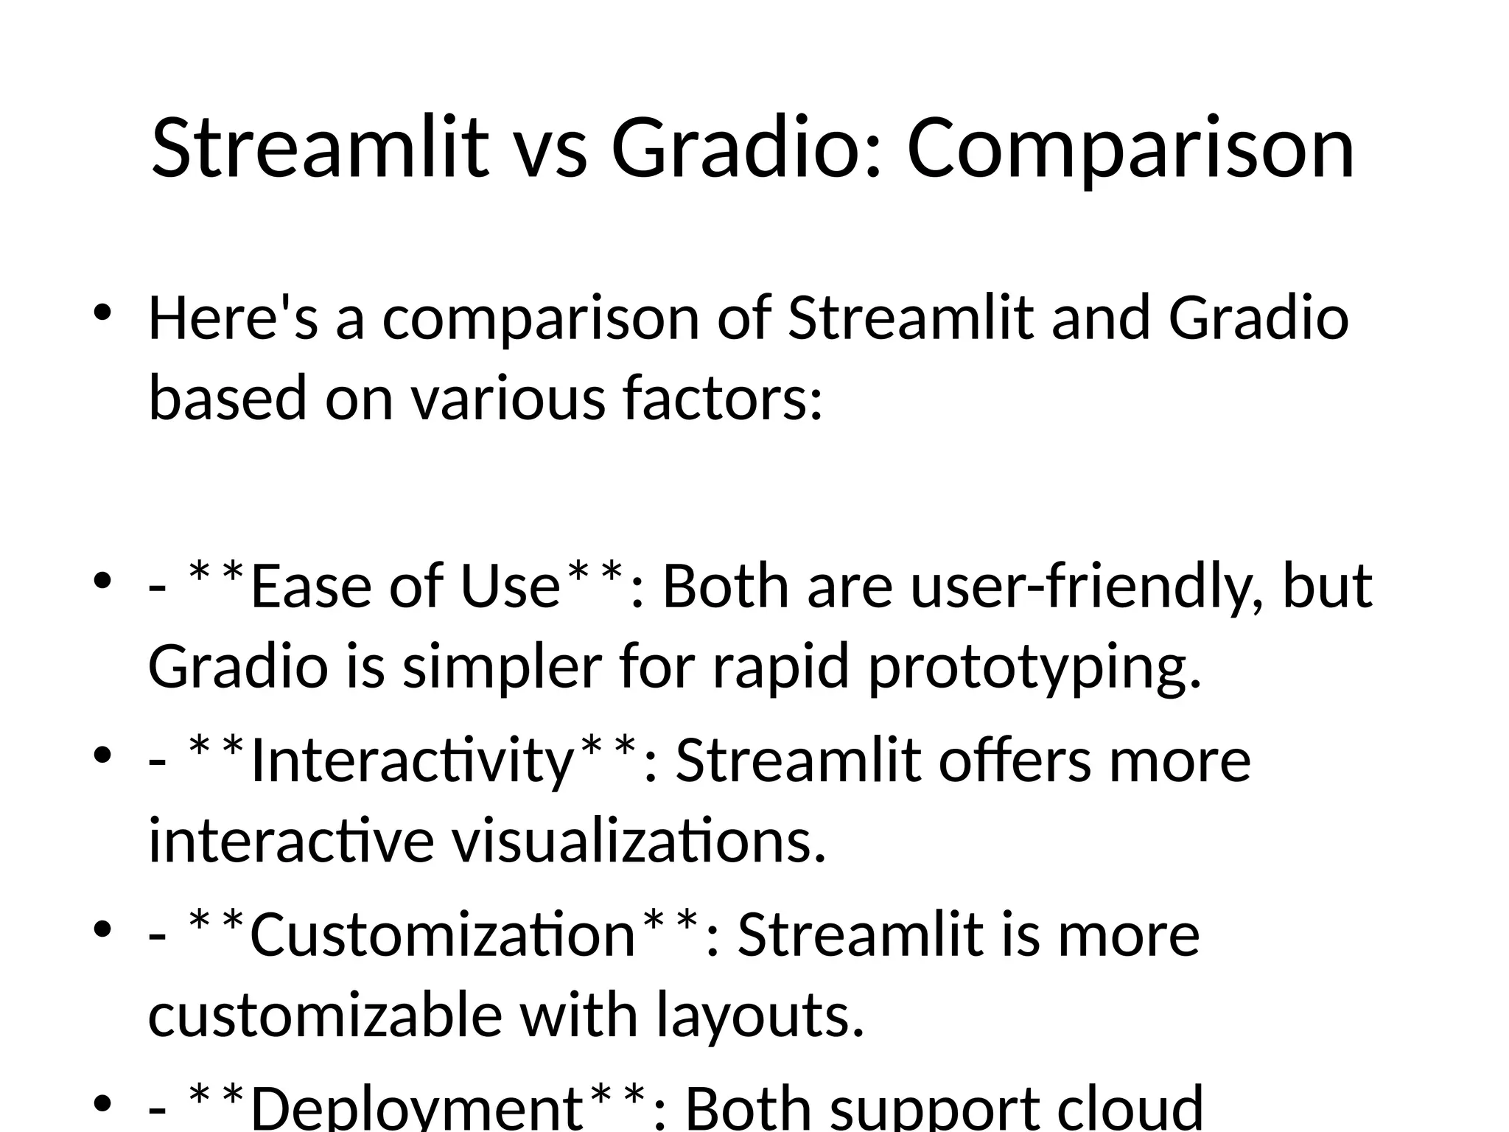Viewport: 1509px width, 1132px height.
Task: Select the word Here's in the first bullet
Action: tap(233, 318)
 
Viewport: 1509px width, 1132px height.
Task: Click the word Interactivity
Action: tap(411, 761)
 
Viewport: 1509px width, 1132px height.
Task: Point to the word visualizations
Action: tap(638, 841)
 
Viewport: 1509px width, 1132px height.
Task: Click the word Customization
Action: tap(442, 935)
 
